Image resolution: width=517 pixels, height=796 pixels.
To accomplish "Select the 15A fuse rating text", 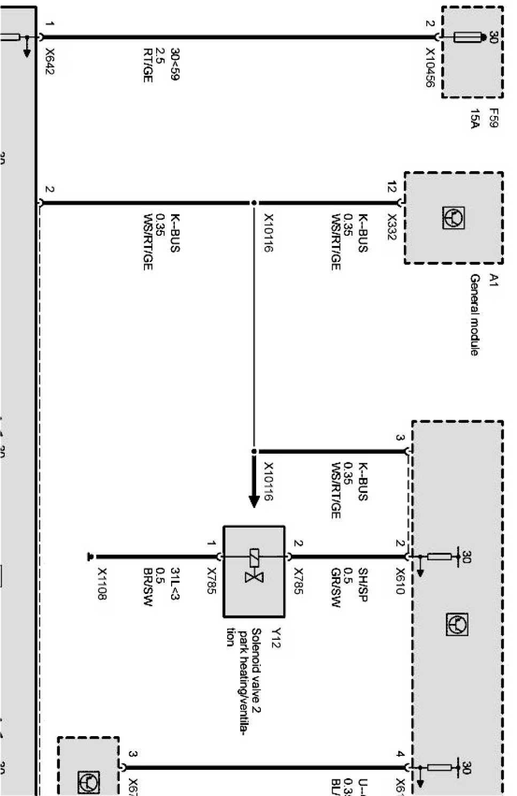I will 474,118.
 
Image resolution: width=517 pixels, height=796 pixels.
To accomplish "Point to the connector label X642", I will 50,61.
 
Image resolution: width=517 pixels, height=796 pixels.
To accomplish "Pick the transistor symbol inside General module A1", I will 453,218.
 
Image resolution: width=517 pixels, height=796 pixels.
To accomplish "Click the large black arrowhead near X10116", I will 254,500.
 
